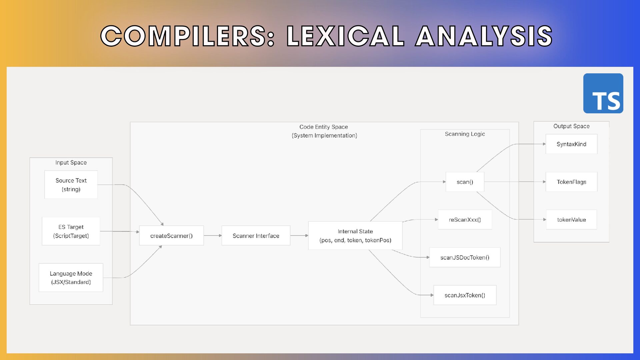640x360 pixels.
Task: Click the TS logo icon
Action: (x=603, y=93)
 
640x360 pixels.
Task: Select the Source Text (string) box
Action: (x=71, y=185)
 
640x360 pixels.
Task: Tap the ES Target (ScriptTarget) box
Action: (x=71, y=231)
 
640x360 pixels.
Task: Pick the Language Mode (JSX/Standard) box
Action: (x=71, y=278)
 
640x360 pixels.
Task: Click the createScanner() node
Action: (x=171, y=236)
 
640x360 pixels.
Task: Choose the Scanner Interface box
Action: (x=256, y=236)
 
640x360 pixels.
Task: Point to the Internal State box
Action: (x=355, y=236)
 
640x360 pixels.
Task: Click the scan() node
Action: (x=465, y=182)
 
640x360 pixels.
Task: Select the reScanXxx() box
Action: (x=465, y=220)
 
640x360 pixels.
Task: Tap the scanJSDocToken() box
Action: (x=465, y=257)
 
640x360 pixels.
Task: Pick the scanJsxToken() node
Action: (x=465, y=295)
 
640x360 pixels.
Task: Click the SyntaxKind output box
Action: (x=571, y=144)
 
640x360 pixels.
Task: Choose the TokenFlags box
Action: (x=571, y=182)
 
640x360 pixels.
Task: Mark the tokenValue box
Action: (x=571, y=220)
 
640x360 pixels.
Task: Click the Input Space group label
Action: (x=71, y=163)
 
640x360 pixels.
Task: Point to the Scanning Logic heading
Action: (x=465, y=134)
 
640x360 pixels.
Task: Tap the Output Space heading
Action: (x=571, y=126)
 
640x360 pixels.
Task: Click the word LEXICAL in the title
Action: (x=346, y=36)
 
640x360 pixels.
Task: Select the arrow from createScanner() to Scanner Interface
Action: (x=213, y=236)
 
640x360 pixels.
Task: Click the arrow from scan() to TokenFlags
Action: (x=515, y=182)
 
